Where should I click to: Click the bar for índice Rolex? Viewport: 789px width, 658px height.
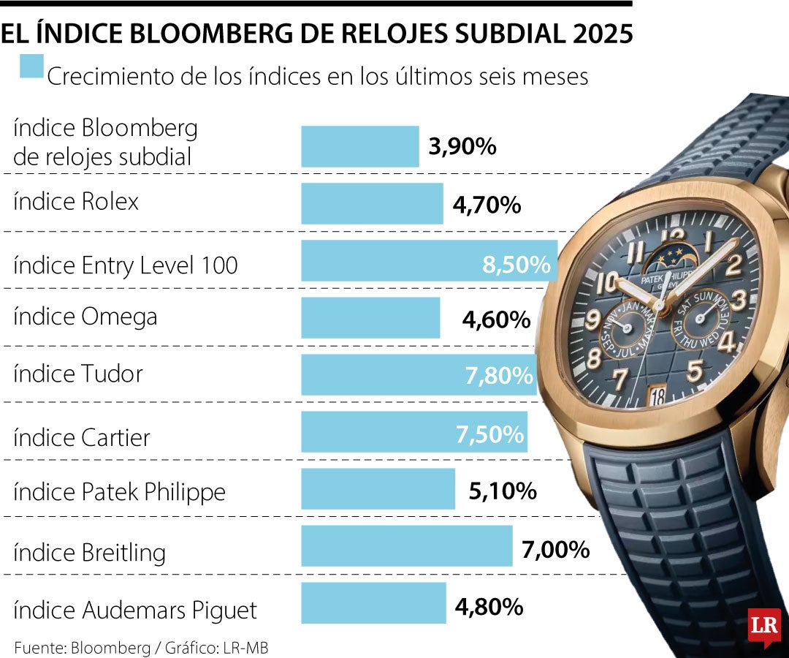click(372, 203)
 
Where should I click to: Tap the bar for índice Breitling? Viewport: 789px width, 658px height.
click(406, 546)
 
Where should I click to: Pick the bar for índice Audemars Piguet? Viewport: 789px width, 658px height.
click(373, 603)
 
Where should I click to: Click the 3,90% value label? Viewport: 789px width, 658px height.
click(462, 146)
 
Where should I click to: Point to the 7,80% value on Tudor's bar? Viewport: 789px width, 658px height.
click(499, 376)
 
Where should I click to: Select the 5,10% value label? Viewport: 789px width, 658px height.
click(503, 491)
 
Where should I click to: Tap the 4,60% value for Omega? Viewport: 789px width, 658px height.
click(496, 319)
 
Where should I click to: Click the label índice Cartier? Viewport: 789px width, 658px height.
click(82, 437)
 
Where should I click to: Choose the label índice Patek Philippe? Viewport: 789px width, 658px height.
click(119, 491)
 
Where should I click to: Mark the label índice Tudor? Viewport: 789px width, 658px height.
click(78, 374)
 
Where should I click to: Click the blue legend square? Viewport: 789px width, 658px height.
click(32, 67)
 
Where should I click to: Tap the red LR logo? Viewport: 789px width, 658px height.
click(764, 626)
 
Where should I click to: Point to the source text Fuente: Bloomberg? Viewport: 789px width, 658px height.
click(80, 647)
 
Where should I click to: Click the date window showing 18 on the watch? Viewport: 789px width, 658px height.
click(657, 396)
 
